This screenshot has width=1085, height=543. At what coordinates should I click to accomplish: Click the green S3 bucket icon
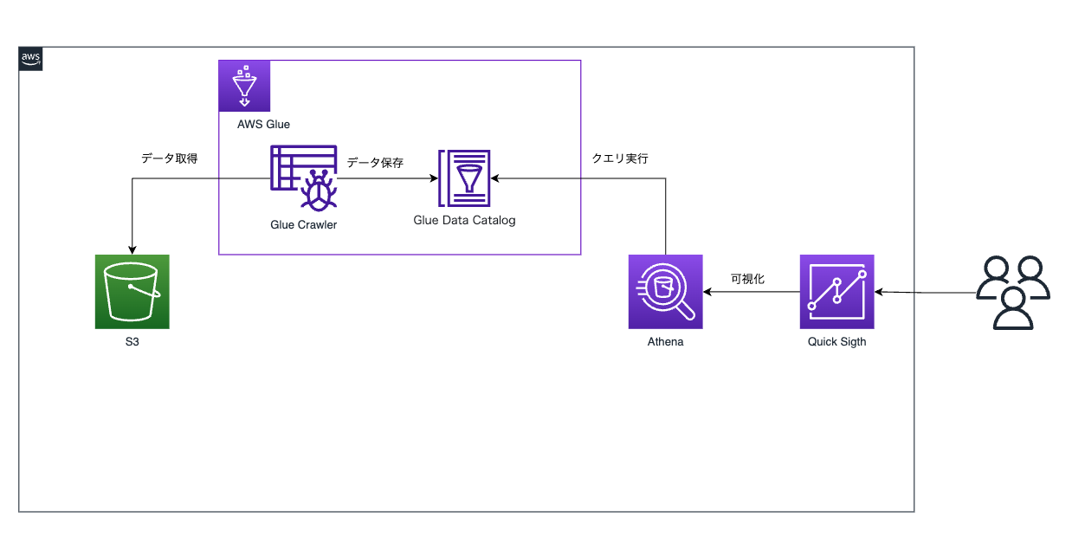132,292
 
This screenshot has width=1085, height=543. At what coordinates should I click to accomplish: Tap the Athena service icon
665,292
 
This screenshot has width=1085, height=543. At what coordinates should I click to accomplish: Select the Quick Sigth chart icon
836,292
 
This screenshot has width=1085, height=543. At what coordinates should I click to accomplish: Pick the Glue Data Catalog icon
465,178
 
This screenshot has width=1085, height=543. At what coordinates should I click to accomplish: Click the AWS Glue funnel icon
244,86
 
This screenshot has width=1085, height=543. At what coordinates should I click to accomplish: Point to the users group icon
1012,293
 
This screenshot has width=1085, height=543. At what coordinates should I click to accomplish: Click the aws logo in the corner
30,59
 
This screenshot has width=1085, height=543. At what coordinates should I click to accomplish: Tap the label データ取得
170,158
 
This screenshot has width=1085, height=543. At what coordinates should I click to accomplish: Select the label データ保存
375,162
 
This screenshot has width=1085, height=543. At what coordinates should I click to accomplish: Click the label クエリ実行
619,158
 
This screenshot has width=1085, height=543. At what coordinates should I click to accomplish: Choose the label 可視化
747,279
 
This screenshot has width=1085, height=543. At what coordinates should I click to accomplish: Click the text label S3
132,342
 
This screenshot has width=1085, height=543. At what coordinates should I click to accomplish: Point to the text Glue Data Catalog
464,220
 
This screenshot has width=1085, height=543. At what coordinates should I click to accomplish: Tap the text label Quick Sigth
836,342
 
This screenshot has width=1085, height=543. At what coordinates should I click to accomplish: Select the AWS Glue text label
263,124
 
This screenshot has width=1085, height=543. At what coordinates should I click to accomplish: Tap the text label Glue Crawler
303,224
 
